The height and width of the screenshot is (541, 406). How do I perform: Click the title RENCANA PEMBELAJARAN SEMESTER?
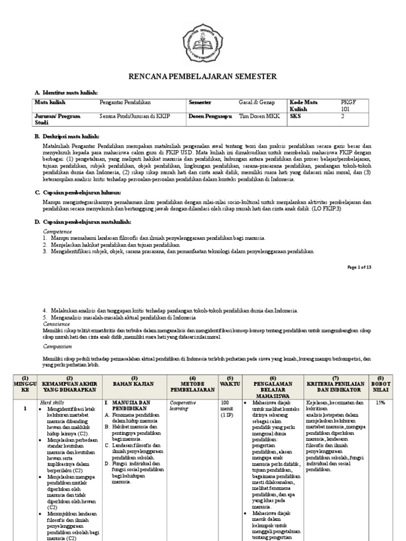tap(203, 77)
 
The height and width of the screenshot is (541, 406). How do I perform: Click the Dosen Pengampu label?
tap(210, 117)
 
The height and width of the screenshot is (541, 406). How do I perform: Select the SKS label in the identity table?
tap(295, 117)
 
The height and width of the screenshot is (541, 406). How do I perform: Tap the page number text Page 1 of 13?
tap(359, 267)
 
